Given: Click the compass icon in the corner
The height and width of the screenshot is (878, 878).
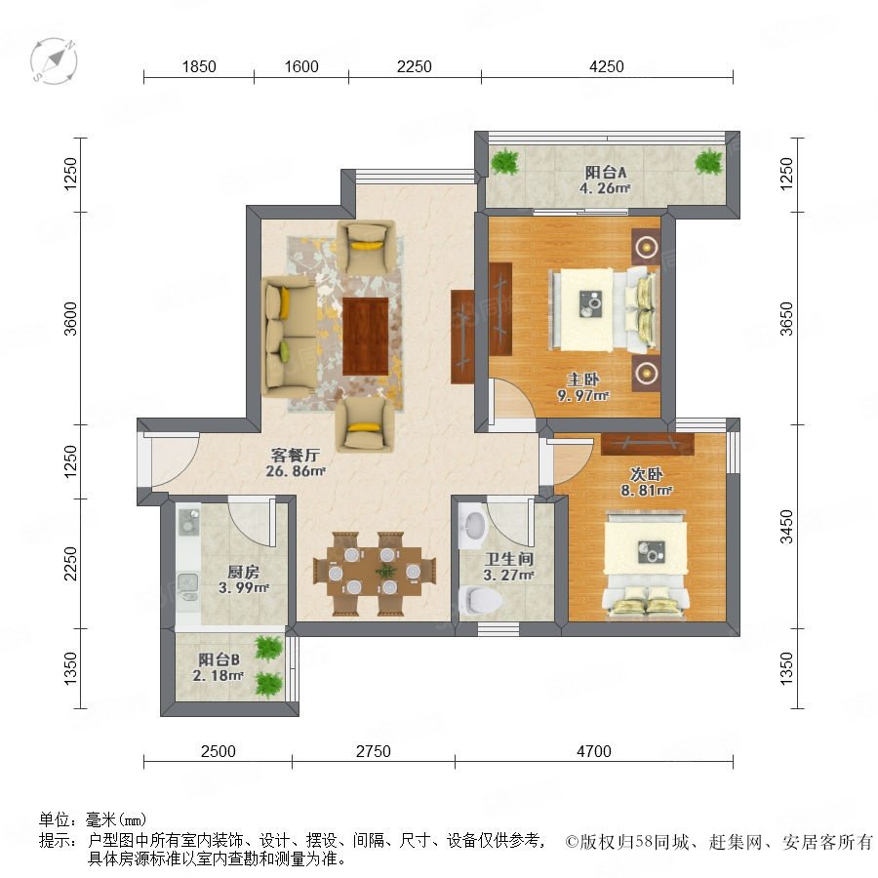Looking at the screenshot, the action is coord(54,61).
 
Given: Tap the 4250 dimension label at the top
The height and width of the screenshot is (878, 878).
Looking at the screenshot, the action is coord(607,66).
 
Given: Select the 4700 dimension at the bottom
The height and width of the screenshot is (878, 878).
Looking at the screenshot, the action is coord(593,751).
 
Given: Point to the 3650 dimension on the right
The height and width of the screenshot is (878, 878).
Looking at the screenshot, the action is coord(786,319).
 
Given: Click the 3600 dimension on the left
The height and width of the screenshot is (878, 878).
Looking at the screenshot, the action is coord(70,319).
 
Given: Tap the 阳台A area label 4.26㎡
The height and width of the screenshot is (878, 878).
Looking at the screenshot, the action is coord(605,188).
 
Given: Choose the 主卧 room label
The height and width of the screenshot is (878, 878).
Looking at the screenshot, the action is coord(583,379).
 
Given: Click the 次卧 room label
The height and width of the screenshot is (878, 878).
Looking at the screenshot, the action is coord(646,474).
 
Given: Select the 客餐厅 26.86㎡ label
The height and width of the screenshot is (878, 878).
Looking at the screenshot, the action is coord(295,462).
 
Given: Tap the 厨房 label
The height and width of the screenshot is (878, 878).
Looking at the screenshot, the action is coord(244,572).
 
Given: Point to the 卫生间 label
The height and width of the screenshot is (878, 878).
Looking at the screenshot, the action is coord(508,559).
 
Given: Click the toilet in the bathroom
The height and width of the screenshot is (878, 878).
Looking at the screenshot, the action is coord(480,601).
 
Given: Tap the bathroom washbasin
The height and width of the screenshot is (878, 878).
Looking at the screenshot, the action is coord(473,527).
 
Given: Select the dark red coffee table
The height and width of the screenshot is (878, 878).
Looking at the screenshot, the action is coord(366,336).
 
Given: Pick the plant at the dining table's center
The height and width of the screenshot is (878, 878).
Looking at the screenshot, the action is coord(385,572).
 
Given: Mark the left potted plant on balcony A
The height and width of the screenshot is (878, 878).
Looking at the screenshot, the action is coord(505,162).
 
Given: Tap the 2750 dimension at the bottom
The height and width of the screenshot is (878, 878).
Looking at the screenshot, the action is coord(373,751).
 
